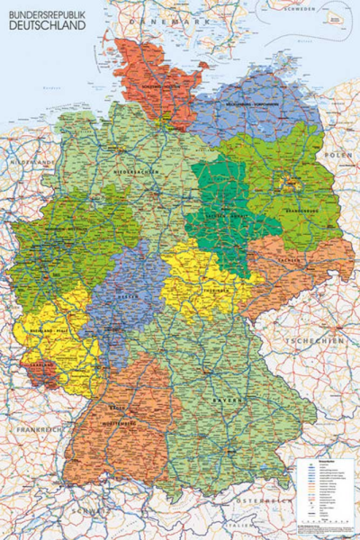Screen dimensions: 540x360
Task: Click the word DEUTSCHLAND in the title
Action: pos(49,26)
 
